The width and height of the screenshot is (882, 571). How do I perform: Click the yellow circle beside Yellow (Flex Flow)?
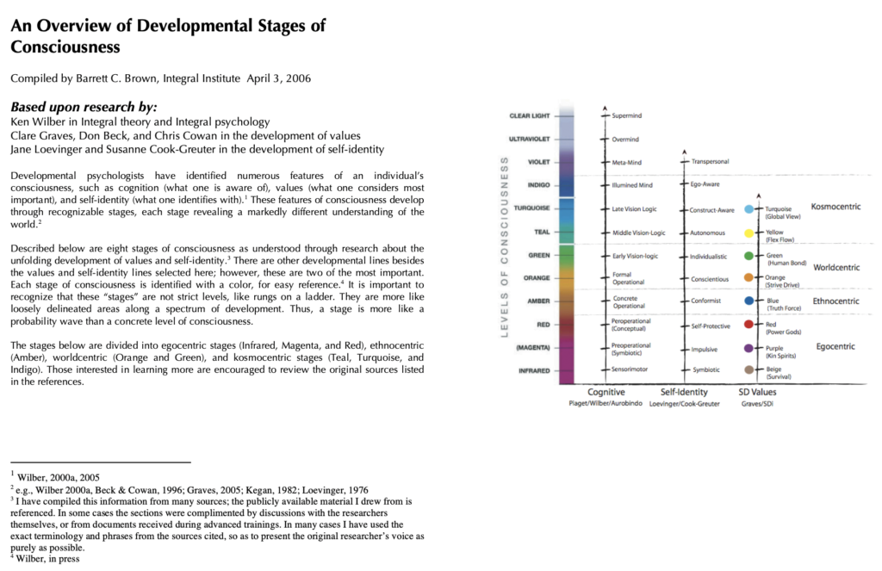pos(748,233)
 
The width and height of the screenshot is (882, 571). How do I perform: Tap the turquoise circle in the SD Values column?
pos(748,209)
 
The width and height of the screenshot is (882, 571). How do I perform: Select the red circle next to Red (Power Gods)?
pos(748,325)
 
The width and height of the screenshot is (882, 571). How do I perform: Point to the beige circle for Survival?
pos(748,369)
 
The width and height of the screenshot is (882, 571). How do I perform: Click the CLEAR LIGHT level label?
pos(530,115)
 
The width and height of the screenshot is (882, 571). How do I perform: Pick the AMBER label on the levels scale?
pos(537,301)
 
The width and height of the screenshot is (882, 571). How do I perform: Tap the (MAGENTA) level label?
pos(532,347)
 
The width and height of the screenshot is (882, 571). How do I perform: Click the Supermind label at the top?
pos(627,115)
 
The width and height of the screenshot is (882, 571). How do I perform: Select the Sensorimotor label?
pos(630,369)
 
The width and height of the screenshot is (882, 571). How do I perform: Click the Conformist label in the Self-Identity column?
pos(705,301)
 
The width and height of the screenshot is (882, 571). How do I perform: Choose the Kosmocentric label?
pos(835,207)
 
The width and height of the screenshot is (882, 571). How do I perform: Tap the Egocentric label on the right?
pos(835,346)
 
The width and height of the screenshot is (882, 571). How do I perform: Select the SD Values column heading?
pos(757,392)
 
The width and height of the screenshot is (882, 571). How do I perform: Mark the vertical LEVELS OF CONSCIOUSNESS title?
pos(505,247)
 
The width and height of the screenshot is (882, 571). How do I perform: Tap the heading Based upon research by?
pos(84,107)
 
